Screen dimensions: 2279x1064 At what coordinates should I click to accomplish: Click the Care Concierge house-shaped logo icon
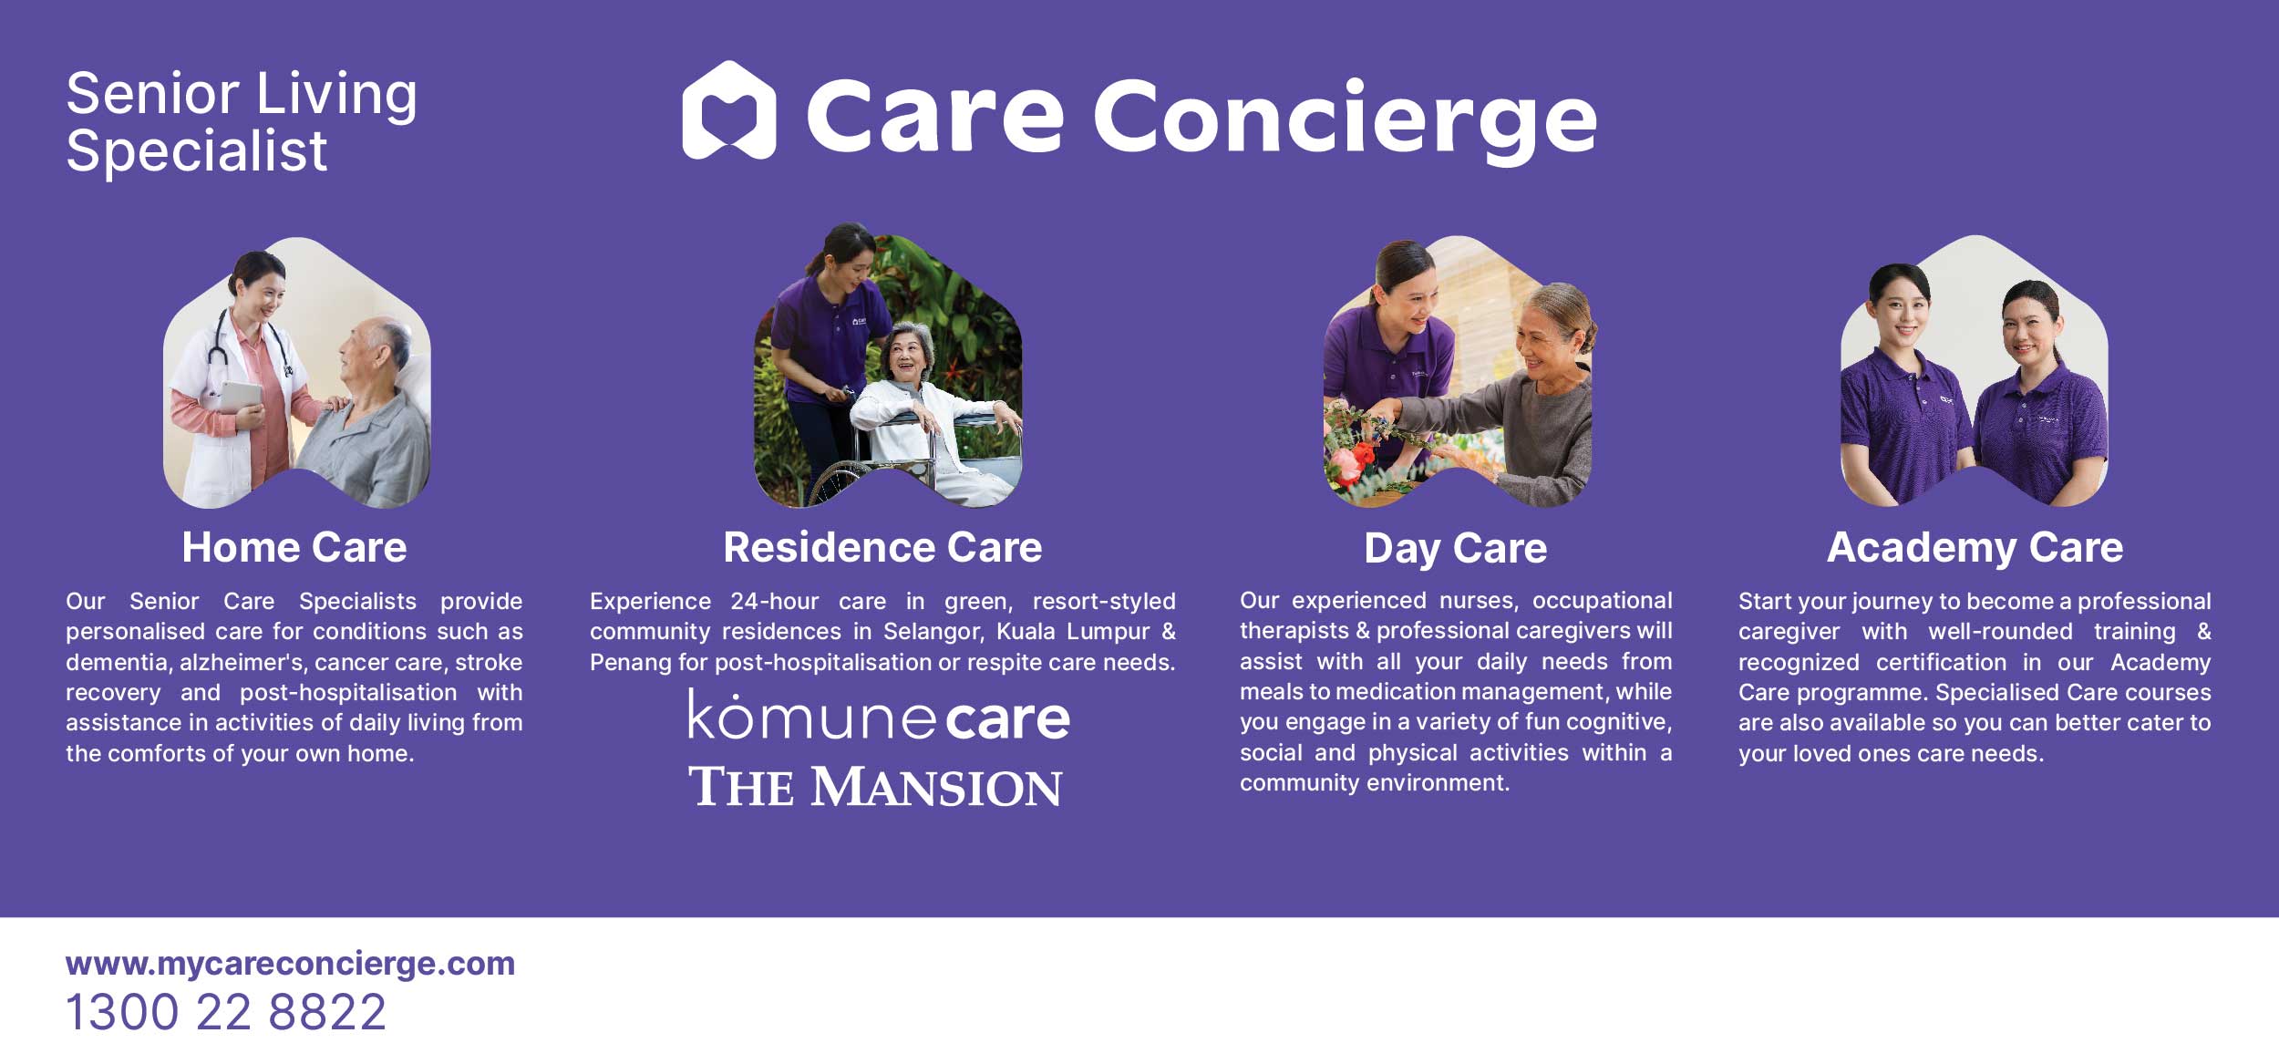tap(728, 110)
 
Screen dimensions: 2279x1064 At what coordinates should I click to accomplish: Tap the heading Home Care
tap(294, 547)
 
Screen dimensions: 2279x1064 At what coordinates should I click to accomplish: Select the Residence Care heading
tap(882, 547)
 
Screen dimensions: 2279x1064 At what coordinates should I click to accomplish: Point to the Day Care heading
tap(1456, 549)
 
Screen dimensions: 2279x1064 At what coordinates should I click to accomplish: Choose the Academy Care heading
tap(1975, 548)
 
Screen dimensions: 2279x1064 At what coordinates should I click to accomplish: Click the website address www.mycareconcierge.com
tap(291, 964)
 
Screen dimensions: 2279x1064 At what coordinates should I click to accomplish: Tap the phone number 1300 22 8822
tap(226, 1012)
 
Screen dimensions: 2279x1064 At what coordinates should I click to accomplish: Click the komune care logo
tap(879, 716)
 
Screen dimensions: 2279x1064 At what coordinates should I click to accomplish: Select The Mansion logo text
tap(875, 787)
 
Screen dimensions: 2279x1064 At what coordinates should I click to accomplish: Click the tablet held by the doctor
tap(239, 396)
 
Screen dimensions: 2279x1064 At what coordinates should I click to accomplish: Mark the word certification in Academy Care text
tap(1941, 662)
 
